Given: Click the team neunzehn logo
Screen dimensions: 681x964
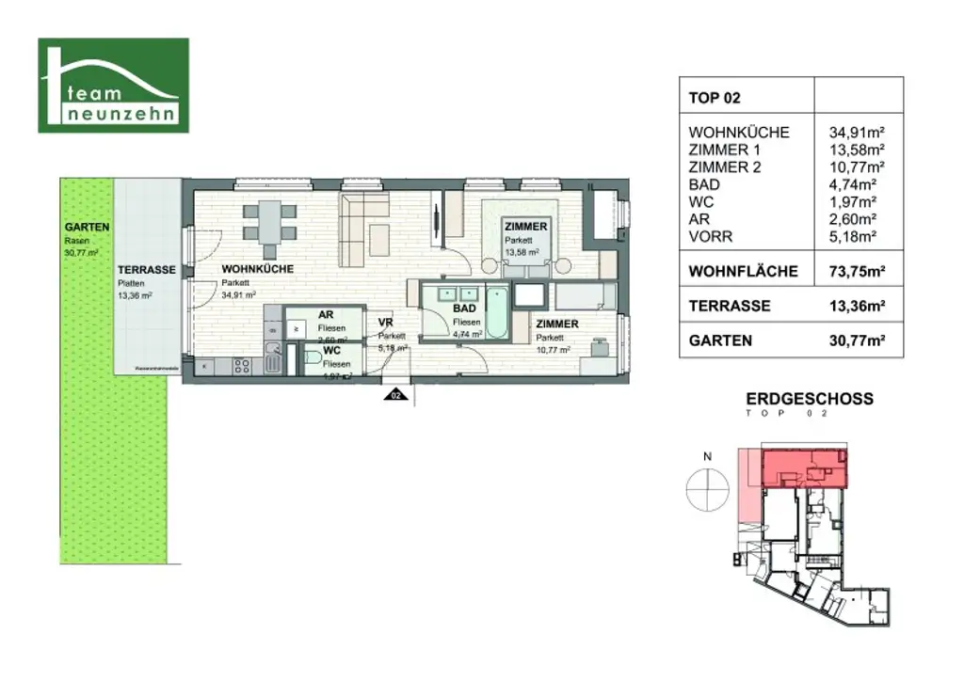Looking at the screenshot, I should tap(113, 85).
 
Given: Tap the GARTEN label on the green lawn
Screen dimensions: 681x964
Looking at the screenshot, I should tap(87, 228).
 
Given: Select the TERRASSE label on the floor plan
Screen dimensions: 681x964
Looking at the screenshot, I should tap(147, 270).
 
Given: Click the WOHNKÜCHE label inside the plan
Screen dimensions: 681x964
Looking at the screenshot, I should tap(257, 269).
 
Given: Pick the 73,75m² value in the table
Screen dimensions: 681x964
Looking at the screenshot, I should tap(857, 272).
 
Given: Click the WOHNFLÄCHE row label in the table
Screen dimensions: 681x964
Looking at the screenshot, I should tap(744, 272).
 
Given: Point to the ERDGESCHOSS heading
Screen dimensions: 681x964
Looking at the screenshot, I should tap(810, 399).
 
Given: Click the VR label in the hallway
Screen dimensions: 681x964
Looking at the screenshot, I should tap(385, 322).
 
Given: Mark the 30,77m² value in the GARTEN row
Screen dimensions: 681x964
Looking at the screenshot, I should tap(857, 340).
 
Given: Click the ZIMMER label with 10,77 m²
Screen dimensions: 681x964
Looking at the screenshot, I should tap(556, 325).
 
